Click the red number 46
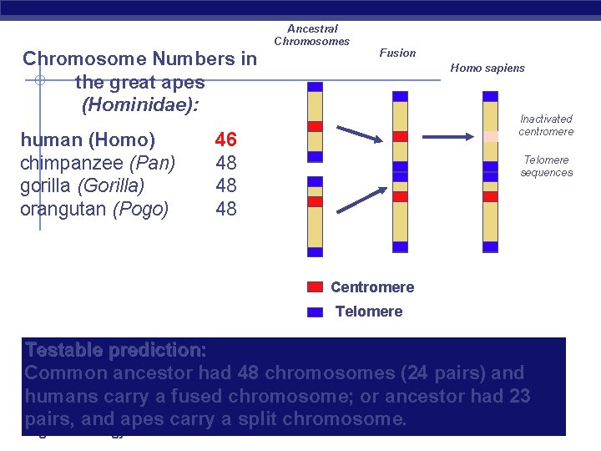[225, 139]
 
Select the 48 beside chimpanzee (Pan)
[225, 162]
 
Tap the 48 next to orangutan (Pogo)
[225, 209]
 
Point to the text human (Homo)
[88, 139]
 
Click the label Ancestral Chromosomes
[312, 35]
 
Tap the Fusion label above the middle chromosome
[397, 53]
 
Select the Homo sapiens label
[487, 68]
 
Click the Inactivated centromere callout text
[546, 125]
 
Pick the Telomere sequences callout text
[546, 166]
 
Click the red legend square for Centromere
[315, 287]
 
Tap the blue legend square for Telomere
[315, 312]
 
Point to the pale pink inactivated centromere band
[490, 135]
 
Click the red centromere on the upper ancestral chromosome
[315, 127]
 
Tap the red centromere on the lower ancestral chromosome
[315, 201]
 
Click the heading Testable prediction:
[115, 349]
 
